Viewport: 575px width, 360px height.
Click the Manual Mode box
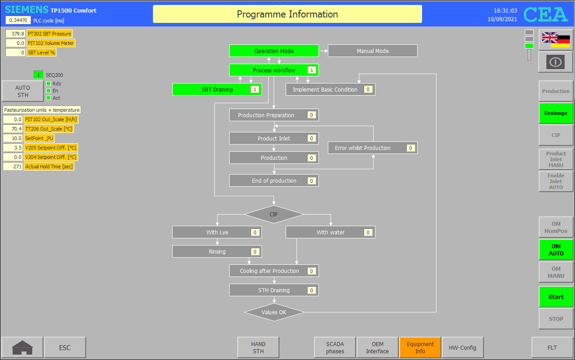[x=372, y=51]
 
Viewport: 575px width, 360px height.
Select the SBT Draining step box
[x=217, y=89]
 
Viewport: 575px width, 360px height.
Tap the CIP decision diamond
[x=274, y=214]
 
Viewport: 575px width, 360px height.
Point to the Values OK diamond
[x=274, y=312]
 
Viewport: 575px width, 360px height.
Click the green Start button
[x=556, y=297]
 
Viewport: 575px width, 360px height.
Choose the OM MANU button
[x=556, y=272]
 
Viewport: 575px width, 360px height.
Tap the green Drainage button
[x=556, y=113]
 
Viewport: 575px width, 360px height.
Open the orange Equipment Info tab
[x=420, y=347]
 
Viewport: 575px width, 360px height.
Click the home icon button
[x=22, y=347]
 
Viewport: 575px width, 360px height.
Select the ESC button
[x=65, y=347]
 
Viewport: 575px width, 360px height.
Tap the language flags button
[x=556, y=40]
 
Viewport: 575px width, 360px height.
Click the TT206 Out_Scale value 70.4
[x=13, y=129]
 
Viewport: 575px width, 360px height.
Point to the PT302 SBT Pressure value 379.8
[x=15, y=34]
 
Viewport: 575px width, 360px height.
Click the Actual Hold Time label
[x=49, y=167]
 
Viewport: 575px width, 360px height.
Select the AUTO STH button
[x=22, y=91]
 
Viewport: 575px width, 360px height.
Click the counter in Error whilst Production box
[x=410, y=148]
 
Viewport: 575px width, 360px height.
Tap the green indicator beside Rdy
[x=48, y=83]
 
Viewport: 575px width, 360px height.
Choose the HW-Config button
[x=462, y=347]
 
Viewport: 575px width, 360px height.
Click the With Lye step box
[x=217, y=232]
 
